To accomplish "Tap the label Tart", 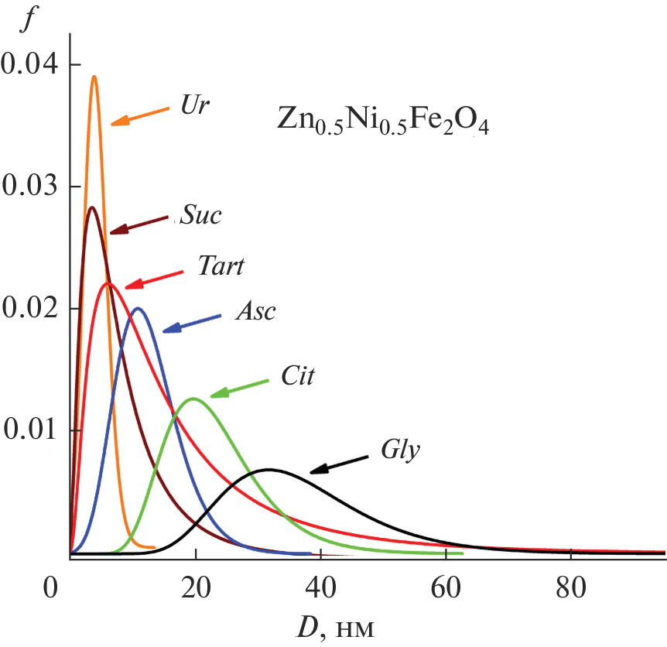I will tap(221, 268).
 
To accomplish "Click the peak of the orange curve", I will tap(94, 77).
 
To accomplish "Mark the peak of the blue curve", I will tap(138, 309).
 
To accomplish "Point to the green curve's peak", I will tap(193, 399).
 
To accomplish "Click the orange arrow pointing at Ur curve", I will tap(140, 115).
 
